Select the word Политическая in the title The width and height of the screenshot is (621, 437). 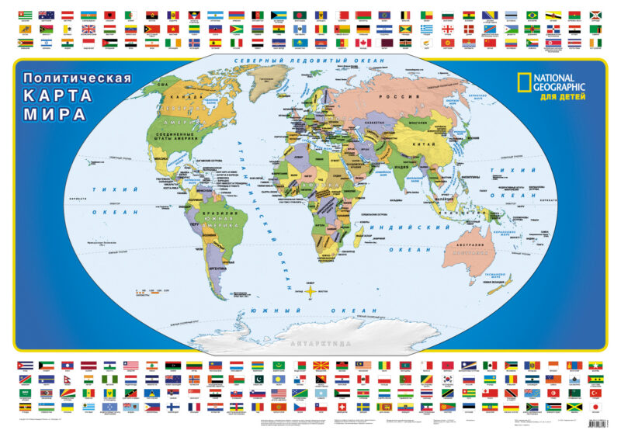(x=76, y=78)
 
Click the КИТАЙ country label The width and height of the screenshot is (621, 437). (x=436, y=144)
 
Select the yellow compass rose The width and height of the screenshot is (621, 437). (x=310, y=291)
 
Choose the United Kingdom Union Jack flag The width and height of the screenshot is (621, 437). (x=88, y=29)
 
